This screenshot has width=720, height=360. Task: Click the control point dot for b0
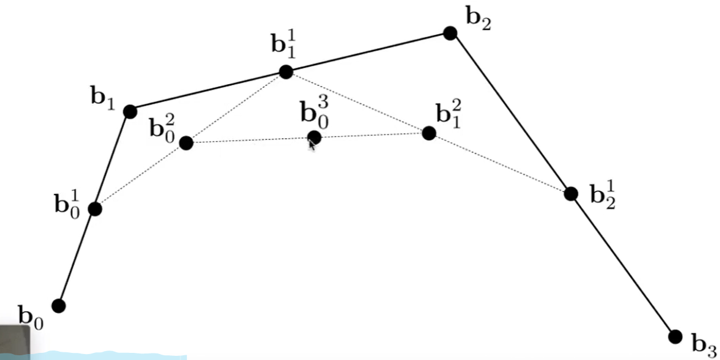tap(59, 305)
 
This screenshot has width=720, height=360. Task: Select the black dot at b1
tap(130, 111)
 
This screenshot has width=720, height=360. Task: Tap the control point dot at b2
tap(450, 33)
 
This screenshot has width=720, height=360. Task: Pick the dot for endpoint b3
tap(675, 336)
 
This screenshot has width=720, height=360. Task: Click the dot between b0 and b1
tap(95, 209)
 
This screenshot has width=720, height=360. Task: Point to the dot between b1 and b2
tap(286, 72)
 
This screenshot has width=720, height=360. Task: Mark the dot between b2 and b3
tap(571, 193)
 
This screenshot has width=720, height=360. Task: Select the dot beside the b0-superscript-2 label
tap(186, 143)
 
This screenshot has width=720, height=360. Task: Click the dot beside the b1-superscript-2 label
tap(429, 133)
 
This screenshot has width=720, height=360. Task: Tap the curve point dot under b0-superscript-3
tap(314, 138)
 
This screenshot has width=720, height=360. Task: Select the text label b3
tap(704, 343)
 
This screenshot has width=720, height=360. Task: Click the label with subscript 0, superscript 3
tap(315, 113)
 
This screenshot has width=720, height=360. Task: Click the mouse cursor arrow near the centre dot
tap(311, 145)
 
